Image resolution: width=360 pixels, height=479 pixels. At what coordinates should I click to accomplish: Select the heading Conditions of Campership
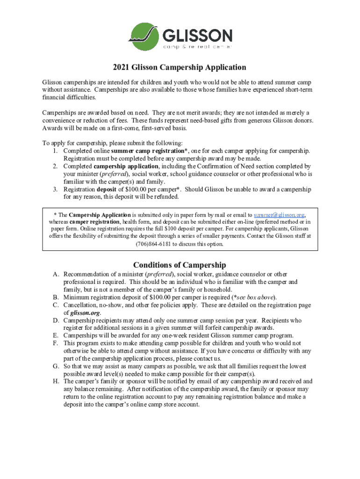coord(180,265)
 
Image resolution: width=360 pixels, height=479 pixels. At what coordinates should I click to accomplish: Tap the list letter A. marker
coord(54,274)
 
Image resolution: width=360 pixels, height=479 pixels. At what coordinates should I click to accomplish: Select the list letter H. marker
coord(54,381)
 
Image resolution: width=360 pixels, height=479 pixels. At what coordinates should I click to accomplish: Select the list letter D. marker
coord(54,320)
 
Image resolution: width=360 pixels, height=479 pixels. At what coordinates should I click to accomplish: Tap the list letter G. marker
coord(54,366)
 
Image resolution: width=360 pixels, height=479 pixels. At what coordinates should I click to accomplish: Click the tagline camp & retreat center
coord(197,47)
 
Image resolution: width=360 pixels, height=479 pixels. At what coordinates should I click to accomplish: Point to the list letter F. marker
coord(54,343)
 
